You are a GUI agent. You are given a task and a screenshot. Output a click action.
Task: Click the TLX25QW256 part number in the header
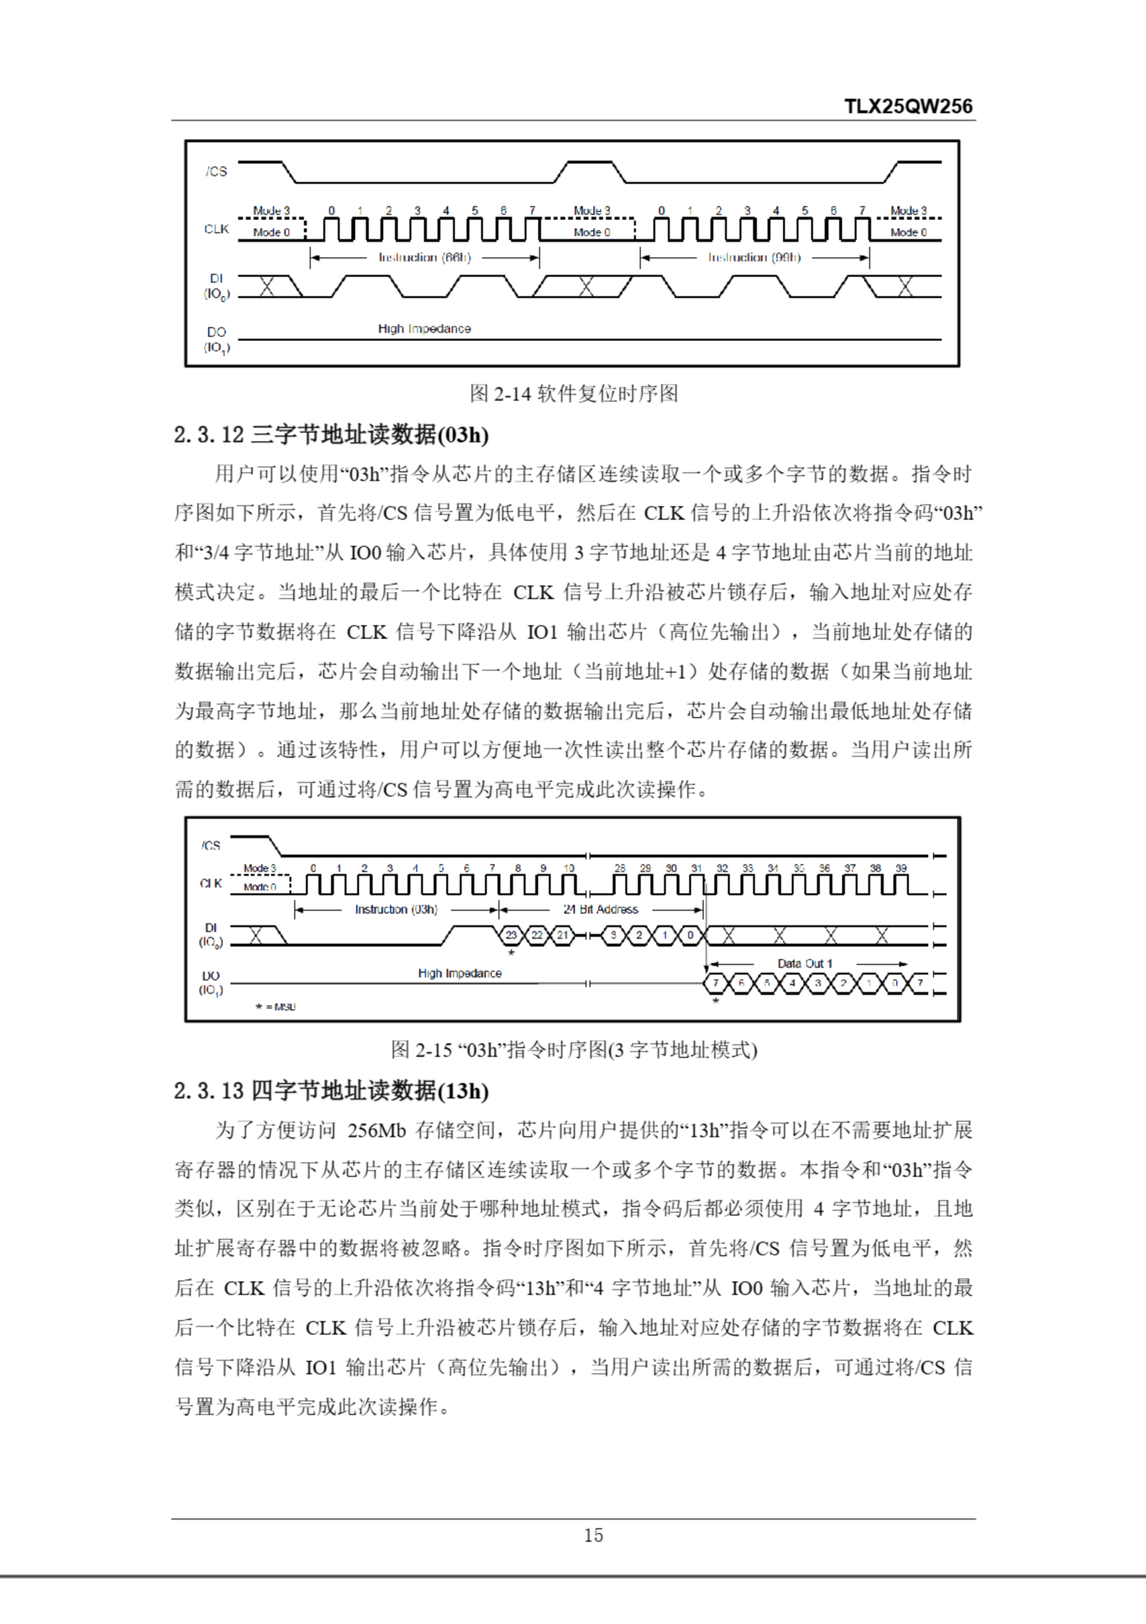(907, 106)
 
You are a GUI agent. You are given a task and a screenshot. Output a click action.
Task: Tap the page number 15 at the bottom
(593, 1535)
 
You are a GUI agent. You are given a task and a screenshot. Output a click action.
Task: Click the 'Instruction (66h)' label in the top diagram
(425, 258)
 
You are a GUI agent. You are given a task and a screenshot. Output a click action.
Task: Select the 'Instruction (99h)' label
(754, 258)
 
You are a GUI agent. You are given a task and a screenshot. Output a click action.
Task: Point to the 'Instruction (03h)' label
(396, 910)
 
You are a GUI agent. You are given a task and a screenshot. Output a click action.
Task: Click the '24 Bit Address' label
(600, 910)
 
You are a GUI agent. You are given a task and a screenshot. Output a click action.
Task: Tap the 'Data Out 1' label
(805, 964)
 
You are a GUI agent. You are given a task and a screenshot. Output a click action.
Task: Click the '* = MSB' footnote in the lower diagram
(276, 1007)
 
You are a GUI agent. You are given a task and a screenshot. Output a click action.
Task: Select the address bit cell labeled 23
(511, 935)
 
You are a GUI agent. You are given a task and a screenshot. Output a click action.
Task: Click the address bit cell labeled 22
(537, 935)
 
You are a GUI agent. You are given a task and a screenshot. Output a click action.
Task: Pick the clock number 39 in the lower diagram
(900, 868)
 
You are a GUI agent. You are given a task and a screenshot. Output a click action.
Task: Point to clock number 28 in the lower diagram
(620, 868)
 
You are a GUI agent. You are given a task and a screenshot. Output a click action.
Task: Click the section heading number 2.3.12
(209, 435)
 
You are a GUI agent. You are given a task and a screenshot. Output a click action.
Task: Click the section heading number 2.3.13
(209, 1090)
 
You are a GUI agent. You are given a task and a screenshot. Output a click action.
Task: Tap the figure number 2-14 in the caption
(512, 393)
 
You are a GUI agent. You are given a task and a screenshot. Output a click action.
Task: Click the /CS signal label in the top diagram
(216, 171)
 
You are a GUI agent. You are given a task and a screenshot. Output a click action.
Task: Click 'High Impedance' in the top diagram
(425, 329)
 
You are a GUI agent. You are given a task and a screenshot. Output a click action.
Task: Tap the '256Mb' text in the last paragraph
(376, 1130)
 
